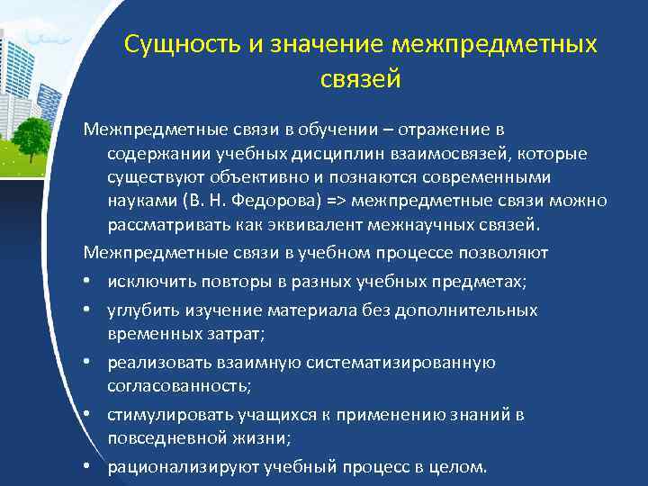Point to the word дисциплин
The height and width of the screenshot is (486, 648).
pyautogui.click(x=291, y=154)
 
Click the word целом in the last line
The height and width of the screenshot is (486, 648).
pyautogui.click(x=459, y=467)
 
